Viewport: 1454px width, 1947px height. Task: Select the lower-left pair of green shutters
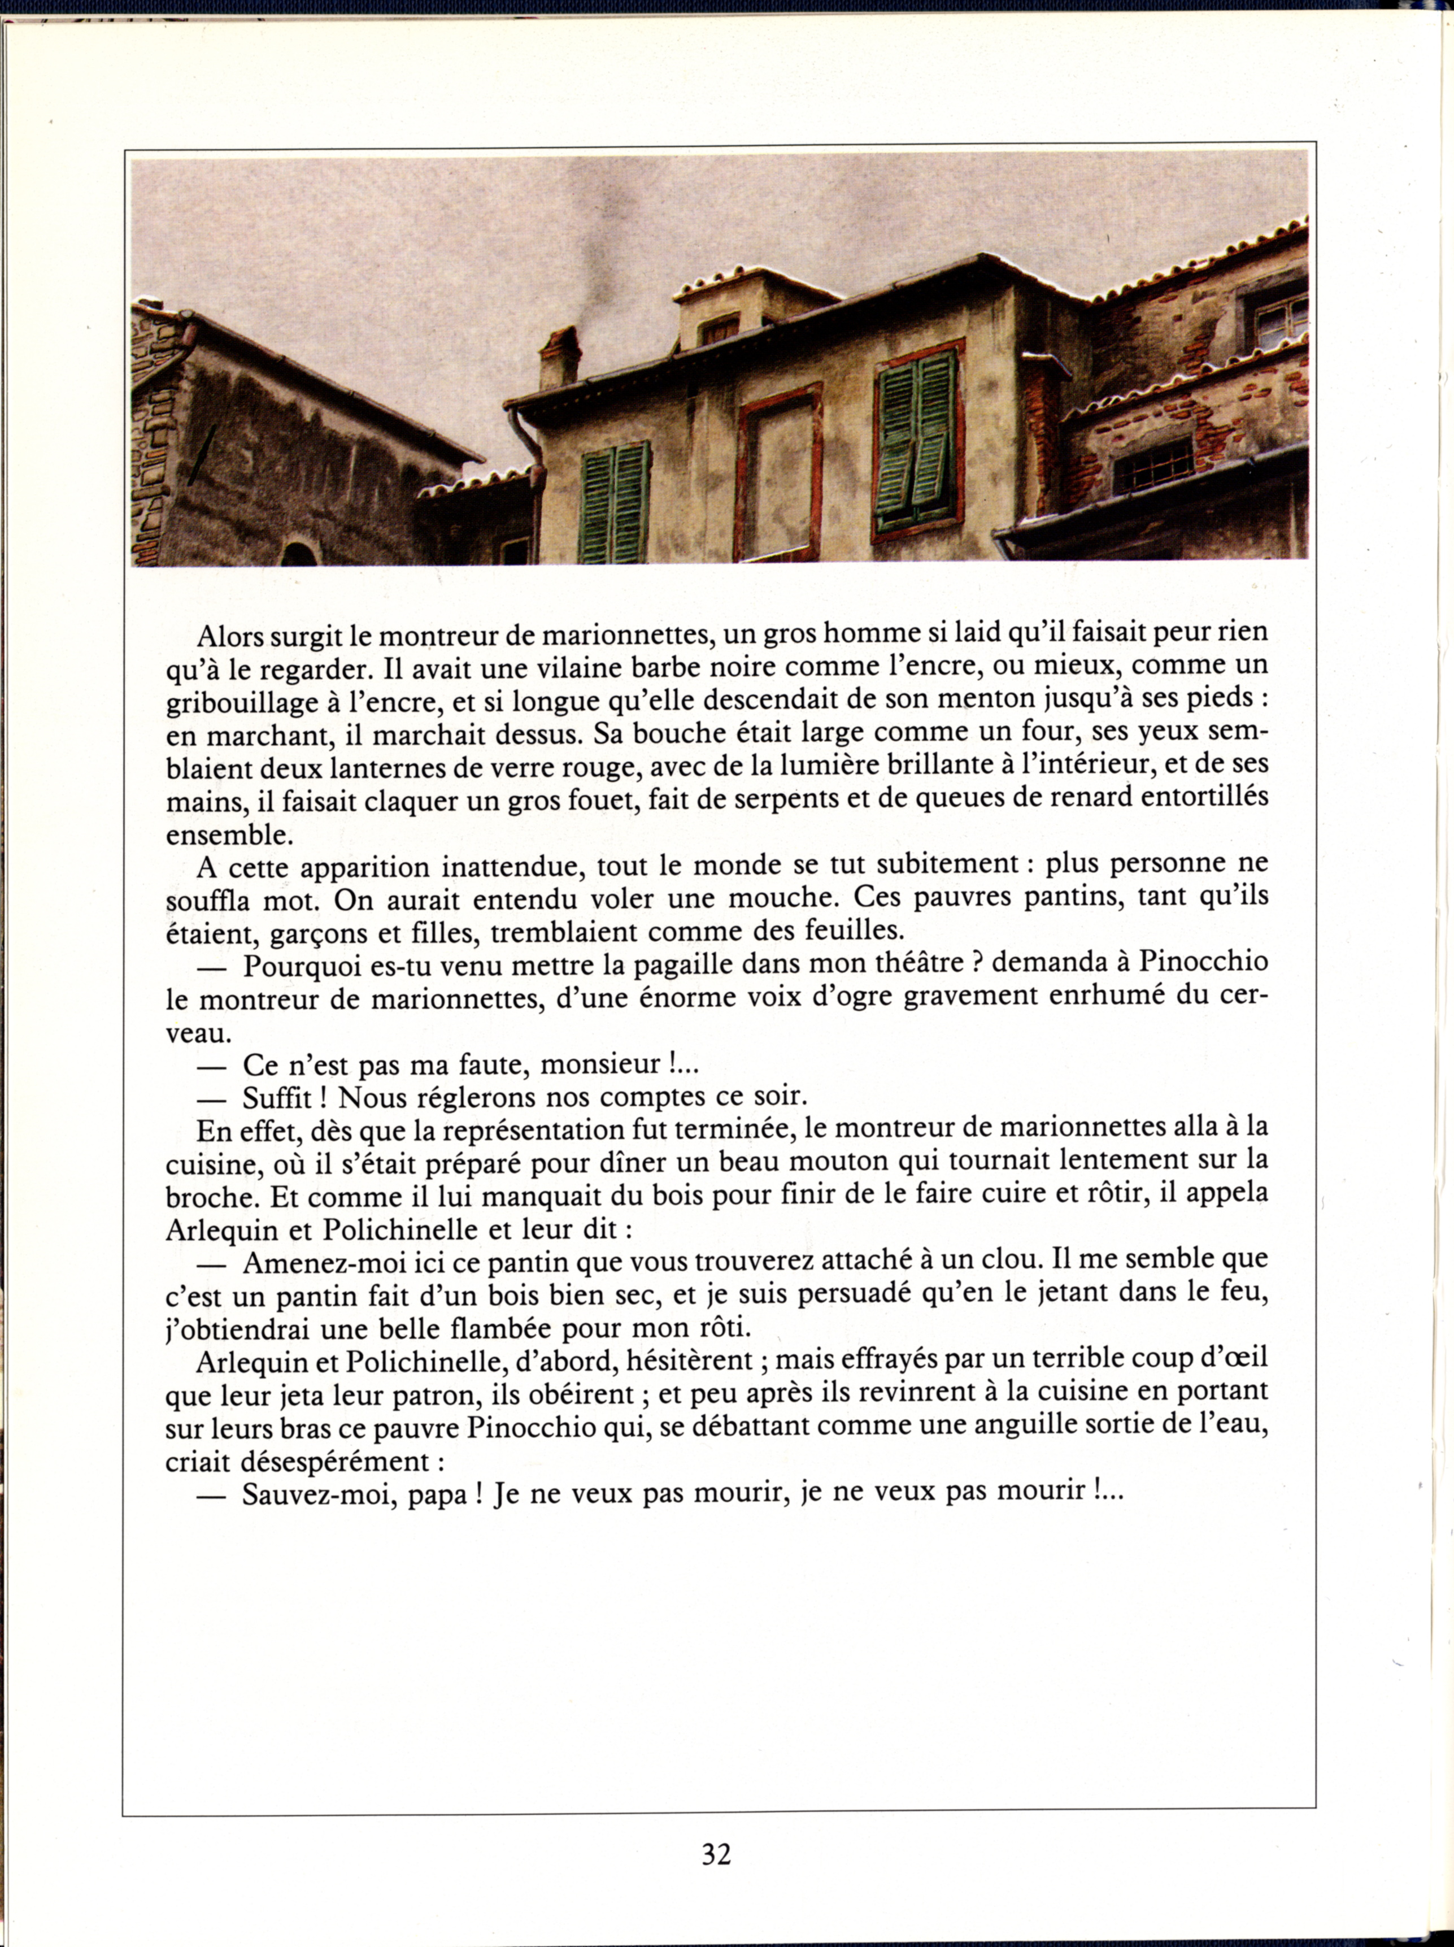615,503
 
